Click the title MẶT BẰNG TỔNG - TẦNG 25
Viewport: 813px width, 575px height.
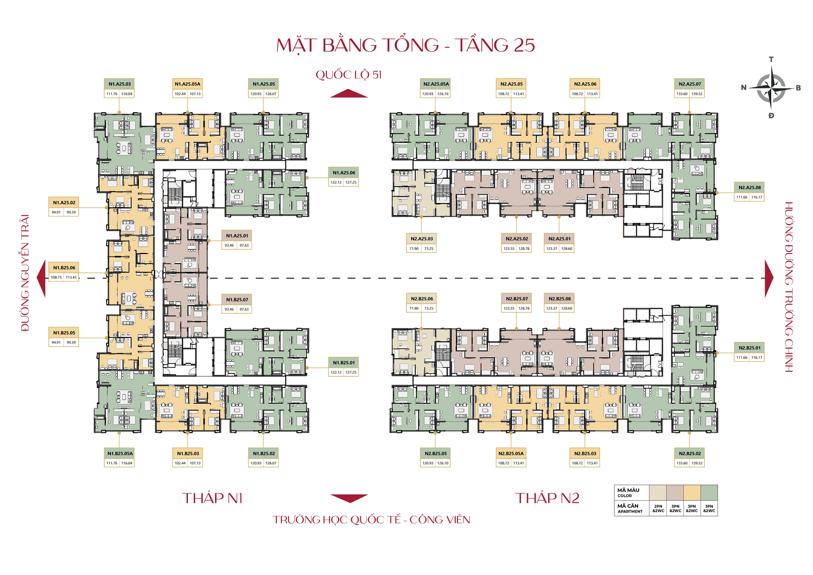[x=405, y=45]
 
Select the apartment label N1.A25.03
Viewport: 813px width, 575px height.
[x=119, y=84]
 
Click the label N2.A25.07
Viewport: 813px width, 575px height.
[x=690, y=84]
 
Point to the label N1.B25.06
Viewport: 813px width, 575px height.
[x=64, y=268]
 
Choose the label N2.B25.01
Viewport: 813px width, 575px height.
[x=749, y=348]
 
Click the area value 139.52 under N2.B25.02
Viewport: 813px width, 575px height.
[x=697, y=463]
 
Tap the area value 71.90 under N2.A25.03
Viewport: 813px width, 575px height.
[x=414, y=249]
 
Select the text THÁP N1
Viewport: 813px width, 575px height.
[x=212, y=498]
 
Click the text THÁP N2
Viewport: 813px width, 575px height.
[x=547, y=498]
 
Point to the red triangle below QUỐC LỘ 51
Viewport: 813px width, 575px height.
[x=349, y=93]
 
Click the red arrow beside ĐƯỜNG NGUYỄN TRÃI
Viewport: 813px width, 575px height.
[x=41, y=278]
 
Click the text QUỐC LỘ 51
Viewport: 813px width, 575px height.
[x=349, y=75]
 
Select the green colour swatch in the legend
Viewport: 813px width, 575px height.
[x=709, y=493]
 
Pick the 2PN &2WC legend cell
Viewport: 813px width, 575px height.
[x=658, y=508]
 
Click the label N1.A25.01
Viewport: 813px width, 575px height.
[x=237, y=236]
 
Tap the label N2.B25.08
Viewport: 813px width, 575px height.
[x=559, y=299]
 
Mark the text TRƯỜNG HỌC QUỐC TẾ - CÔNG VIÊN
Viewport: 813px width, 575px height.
[x=371, y=520]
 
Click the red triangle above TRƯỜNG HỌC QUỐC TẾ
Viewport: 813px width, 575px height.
[x=349, y=498]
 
